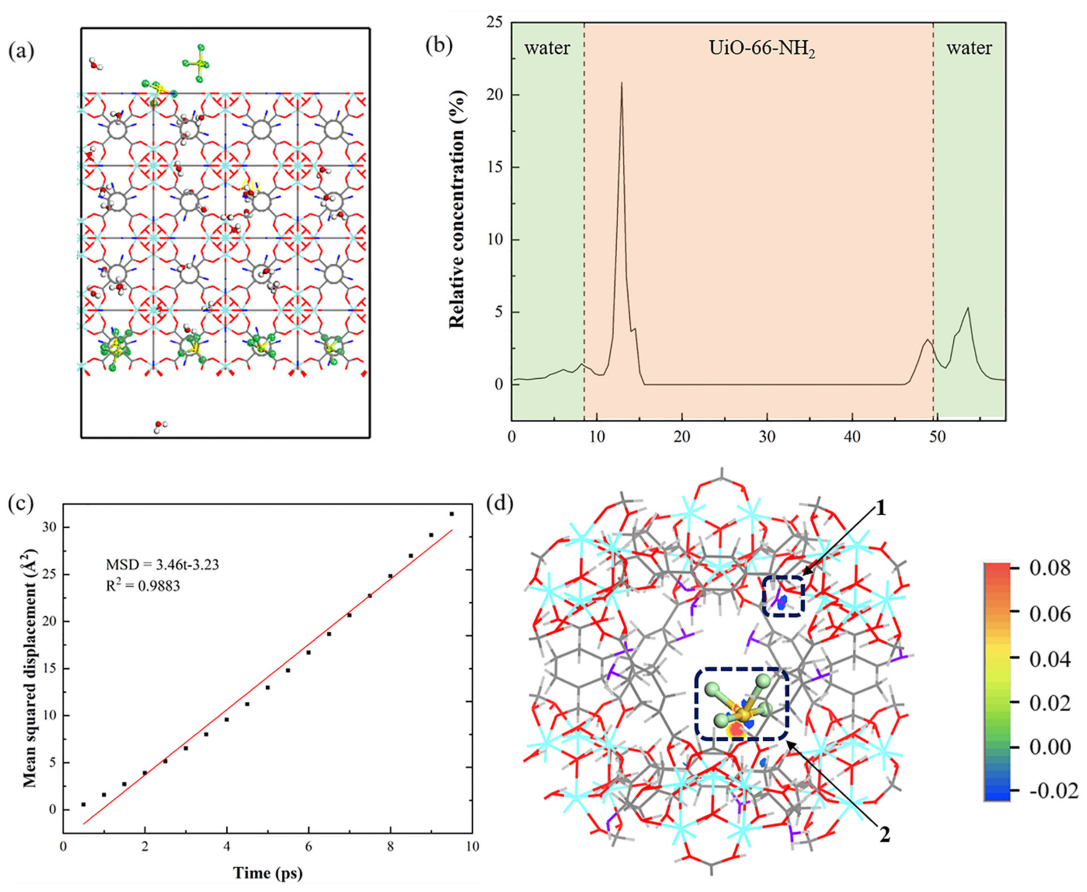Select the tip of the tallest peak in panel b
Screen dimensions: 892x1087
tap(622, 83)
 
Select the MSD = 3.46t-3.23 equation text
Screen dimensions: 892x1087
tap(162, 565)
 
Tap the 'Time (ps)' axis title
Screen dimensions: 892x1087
tap(268, 872)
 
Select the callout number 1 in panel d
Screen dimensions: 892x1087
tap(880, 509)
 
